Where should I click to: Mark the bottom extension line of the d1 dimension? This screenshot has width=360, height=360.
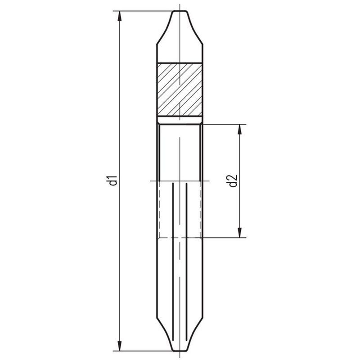[144, 351]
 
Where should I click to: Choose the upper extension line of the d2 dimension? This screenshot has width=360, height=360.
[225, 125]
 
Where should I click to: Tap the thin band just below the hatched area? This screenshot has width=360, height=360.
[179, 120]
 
